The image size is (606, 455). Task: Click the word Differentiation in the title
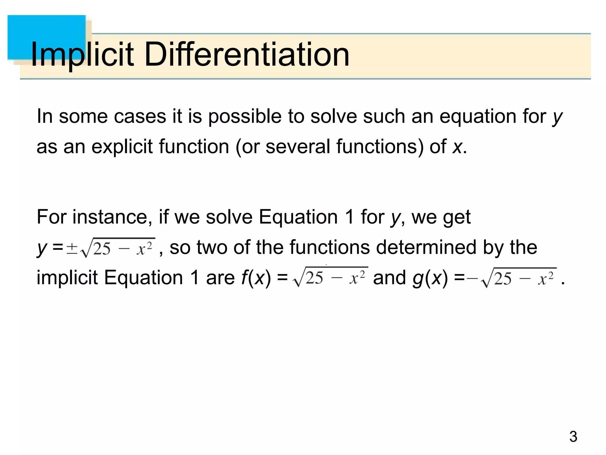pos(247,55)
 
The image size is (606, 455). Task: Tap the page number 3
pos(573,437)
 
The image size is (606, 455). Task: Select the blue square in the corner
pos(47,37)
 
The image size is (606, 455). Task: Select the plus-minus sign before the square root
pos(72,248)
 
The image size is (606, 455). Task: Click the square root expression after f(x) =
pos(330,277)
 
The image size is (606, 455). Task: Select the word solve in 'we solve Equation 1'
pos(229,217)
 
